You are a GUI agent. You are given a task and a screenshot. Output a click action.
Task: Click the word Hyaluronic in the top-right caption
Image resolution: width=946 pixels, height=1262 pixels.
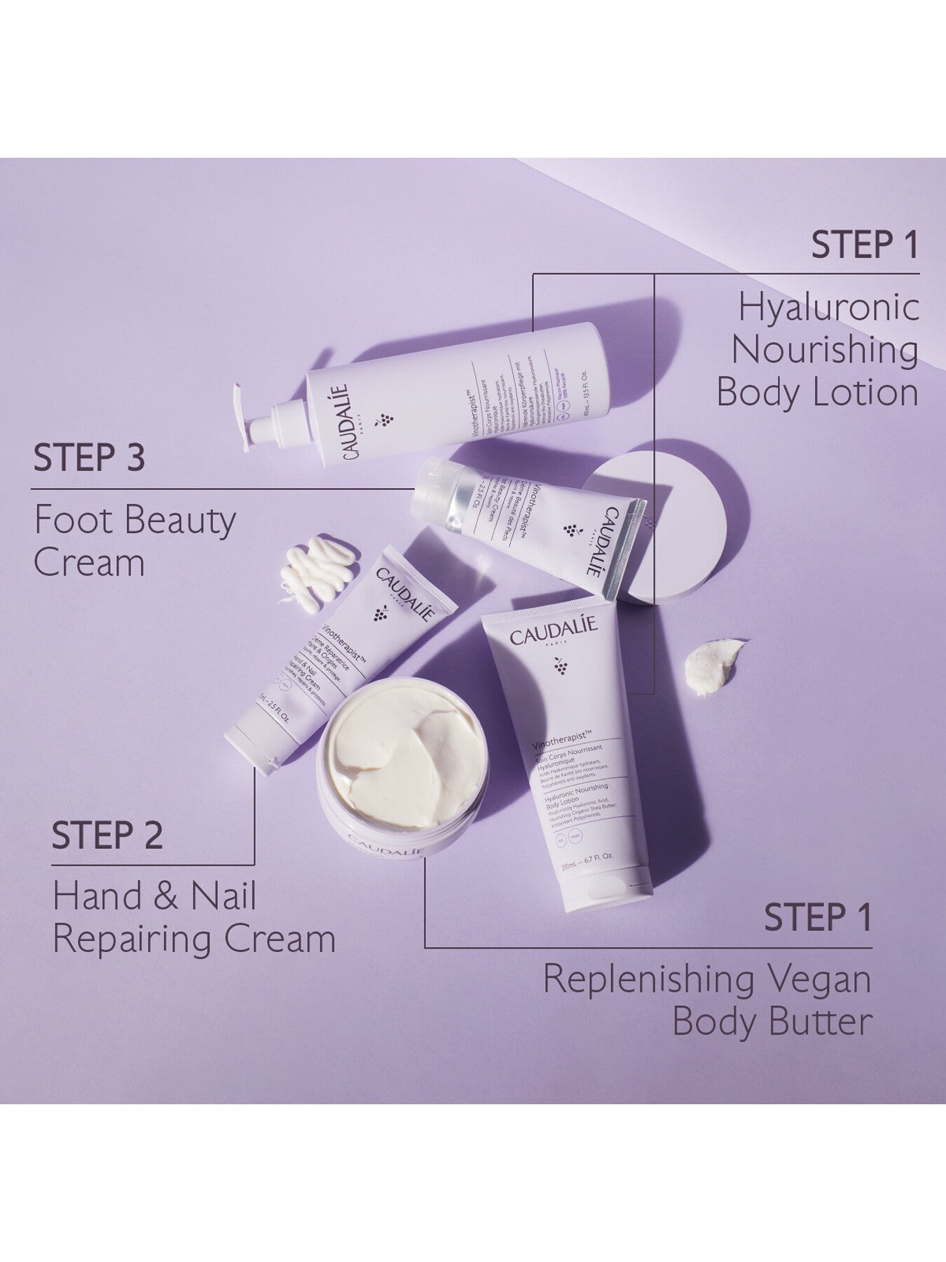tap(829, 309)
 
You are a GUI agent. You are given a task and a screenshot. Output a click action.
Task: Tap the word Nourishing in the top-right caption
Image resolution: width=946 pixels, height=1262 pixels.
tap(825, 351)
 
